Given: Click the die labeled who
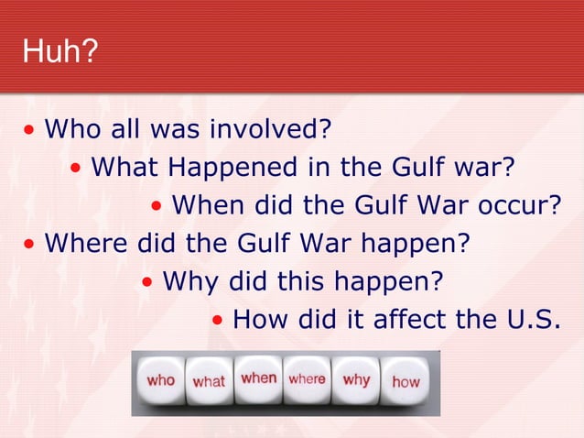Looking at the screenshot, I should point(160,380).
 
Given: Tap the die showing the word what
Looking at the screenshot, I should point(209,381).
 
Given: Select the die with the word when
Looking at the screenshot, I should point(259,378).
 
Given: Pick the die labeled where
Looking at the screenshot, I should point(307,378).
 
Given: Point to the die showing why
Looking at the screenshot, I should point(356,378).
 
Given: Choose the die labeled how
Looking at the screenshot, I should point(406,381).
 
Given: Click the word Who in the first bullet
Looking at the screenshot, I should point(70,129).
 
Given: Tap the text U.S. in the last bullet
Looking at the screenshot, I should point(532,320).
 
